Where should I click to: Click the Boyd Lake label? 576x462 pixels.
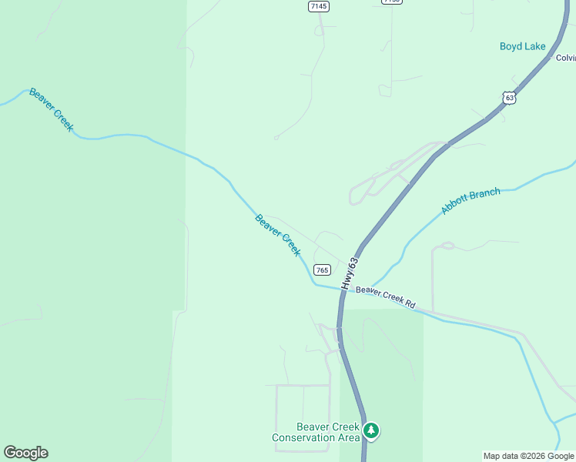pos(522,46)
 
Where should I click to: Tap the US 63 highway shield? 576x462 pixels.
pos(509,97)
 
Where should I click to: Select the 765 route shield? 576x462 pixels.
pos(323,269)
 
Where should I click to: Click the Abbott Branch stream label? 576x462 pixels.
pos(471,201)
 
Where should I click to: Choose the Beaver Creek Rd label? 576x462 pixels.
pos(385,297)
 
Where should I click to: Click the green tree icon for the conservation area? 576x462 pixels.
pos(371,430)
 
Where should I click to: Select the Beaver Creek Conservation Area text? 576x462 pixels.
pos(316,432)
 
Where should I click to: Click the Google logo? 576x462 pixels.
pos(25,453)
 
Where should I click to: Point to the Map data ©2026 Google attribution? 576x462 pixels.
pos(529,456)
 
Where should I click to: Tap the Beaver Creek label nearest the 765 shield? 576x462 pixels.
pos(277,235)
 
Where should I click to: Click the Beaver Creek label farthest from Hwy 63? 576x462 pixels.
pos(52,110)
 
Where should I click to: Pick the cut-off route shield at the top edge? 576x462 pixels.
pos(391,2)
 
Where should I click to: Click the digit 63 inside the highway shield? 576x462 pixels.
pos(509,99)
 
